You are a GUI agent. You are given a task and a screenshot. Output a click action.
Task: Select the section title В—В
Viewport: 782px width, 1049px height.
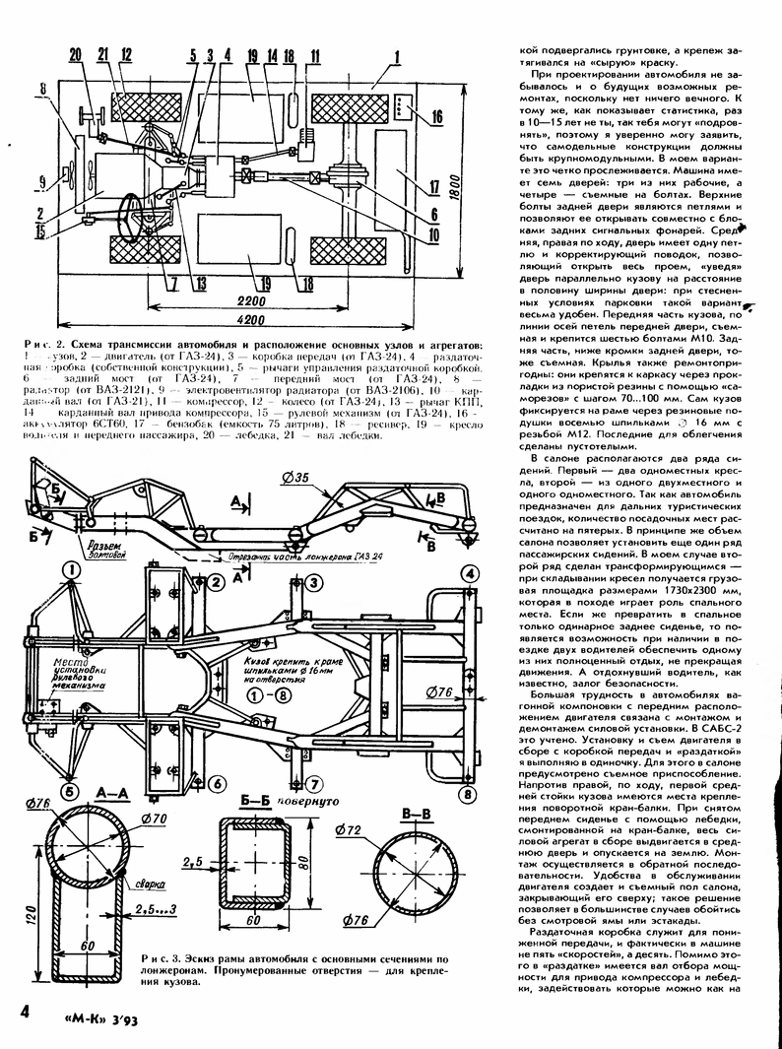click(419, 813)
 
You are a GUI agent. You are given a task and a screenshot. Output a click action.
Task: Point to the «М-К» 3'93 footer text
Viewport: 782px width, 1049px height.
click(107, 1016)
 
